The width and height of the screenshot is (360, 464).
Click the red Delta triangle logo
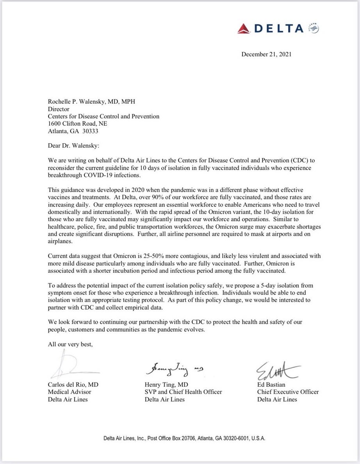tap(244, 28)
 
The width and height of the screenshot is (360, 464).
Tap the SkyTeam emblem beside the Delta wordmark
tap(314, 28)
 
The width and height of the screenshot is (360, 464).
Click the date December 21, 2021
tap(266, 54)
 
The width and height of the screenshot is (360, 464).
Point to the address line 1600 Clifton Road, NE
tap(77, 124)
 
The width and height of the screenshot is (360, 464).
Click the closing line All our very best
tap(70, 344)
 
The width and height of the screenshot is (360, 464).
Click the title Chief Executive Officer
tap(288, 392)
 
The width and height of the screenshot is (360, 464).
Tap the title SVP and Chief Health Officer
tap(183, 392)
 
